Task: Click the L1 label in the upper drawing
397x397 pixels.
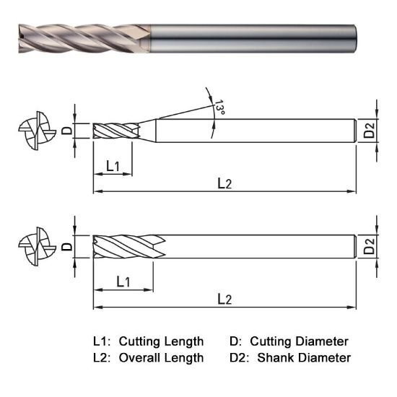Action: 113,166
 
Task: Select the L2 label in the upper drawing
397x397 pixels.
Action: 224,183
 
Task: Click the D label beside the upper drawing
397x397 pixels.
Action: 65,131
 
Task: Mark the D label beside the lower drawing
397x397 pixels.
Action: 65,246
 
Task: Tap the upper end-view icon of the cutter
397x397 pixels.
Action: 35,131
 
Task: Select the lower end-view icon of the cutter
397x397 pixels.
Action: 35,246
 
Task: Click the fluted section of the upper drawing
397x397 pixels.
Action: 115,131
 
